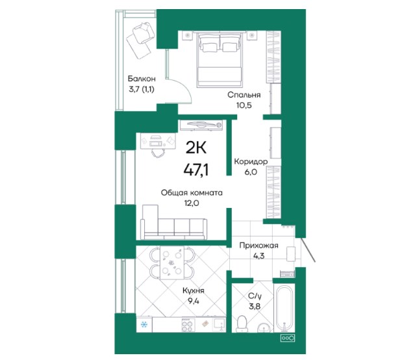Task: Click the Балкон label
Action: click(142, 78)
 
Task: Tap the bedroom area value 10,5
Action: click(244, 105)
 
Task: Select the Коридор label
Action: click(251, 162)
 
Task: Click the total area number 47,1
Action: click(196, 170)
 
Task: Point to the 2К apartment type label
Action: click(196, 148)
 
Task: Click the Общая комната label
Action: click(192, 193)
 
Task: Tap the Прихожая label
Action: click(259, 246)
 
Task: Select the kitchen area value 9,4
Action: click(194, 301)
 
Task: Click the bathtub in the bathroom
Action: click(284, 308)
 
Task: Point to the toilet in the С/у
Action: click(242, 324)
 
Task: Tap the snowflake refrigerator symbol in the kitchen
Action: click(144, 324)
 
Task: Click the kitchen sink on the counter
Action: click(219, 325)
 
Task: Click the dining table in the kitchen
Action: click(172, 263)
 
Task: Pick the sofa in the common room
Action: click(173, 223)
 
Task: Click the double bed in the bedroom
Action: click(219, 59)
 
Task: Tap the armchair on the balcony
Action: click(144, 33)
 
